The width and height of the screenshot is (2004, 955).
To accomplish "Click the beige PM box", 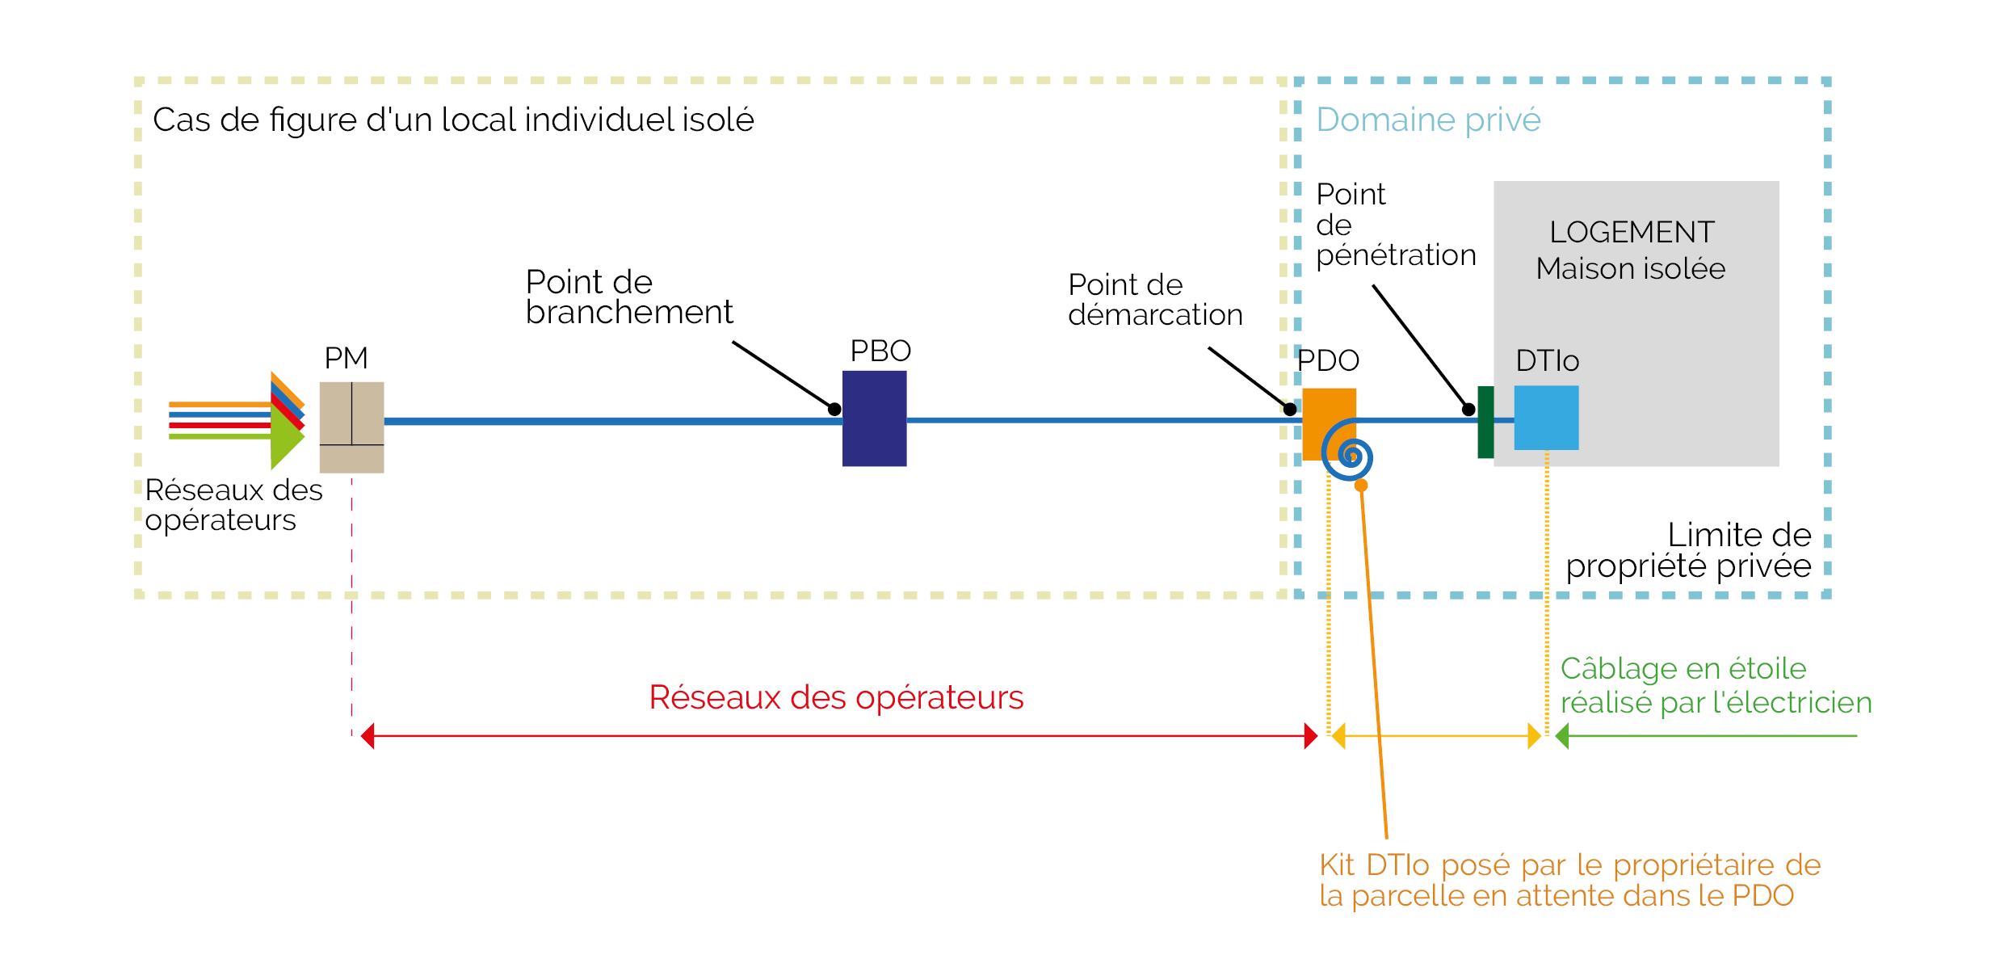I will click(351, 427).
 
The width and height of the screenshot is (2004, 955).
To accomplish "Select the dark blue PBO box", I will click(874, 419).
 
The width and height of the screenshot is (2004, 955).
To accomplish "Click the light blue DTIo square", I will click(1546, 418).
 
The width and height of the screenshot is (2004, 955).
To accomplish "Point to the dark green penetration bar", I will click(1485, 423).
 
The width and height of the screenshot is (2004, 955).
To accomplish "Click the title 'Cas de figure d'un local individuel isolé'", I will click(453, 120).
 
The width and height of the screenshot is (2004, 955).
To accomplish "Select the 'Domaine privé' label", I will click(1428, 120).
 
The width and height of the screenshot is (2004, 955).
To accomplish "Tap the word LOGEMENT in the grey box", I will click(1632, 232).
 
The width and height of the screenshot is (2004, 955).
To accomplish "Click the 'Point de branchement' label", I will click(628, 297).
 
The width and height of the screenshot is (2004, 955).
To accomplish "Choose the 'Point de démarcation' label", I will click(1154, 299).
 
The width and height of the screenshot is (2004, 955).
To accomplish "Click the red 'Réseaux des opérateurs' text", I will click(836, 697).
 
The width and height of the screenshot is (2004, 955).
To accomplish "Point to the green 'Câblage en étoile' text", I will click(1683, 669).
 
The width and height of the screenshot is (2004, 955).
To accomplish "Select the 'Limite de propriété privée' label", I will click(1688, 550).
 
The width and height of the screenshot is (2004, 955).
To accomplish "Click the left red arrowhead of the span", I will click(368, 736).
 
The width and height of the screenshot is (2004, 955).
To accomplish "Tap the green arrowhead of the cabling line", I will click(1562, 736).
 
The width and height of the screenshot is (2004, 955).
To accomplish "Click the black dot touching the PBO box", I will click(834, 410).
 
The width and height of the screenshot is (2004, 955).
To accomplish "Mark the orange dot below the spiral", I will click(1361, 486).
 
